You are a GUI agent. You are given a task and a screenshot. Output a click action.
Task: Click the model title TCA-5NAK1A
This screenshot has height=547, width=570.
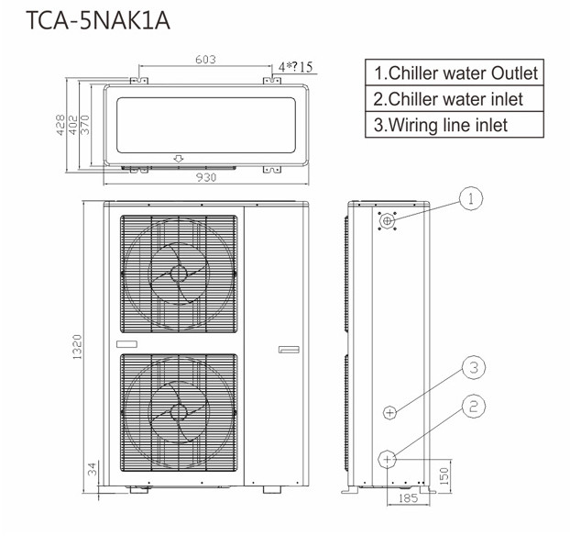(98, 20)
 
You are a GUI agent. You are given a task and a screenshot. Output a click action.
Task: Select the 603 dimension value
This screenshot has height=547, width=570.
(205, 60)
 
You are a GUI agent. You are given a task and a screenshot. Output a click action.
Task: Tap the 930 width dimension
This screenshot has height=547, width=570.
(206, 177)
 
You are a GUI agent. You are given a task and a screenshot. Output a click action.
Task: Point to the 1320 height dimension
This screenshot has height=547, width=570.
(77, 347)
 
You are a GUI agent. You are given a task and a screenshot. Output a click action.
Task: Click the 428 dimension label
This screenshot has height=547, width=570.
(60, 125)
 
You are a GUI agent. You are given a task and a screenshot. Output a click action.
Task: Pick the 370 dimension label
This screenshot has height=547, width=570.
(84, 125)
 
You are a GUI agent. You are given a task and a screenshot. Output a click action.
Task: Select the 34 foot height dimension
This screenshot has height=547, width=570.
(93, 469)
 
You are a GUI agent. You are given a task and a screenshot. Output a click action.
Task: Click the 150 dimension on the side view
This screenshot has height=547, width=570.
(444, 476)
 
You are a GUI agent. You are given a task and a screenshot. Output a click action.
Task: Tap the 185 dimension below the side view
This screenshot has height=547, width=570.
(408, 498)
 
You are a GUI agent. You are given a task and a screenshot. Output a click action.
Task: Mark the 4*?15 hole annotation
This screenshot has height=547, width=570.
(295, 67)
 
